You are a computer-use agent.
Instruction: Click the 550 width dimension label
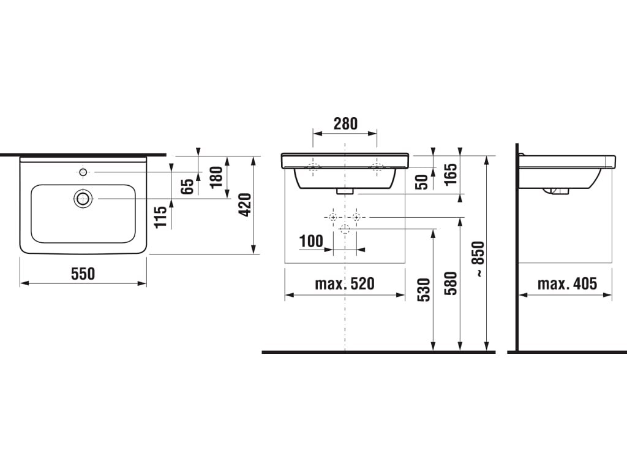tap(83, 274)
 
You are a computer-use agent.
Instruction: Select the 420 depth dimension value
tap(245, 205)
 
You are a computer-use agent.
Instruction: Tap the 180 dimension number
tap(216, 177)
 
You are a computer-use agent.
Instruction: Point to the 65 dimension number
tap(187, 186)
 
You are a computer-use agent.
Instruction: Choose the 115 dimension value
tap(161, 216)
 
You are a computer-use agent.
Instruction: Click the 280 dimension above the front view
tap(345, 124)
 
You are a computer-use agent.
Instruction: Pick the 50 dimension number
tap(422, 182)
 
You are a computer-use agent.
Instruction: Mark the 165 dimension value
tap(451, 174)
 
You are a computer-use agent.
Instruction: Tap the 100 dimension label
tap(311, 241)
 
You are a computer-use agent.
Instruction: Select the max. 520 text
tap(345, 283)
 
